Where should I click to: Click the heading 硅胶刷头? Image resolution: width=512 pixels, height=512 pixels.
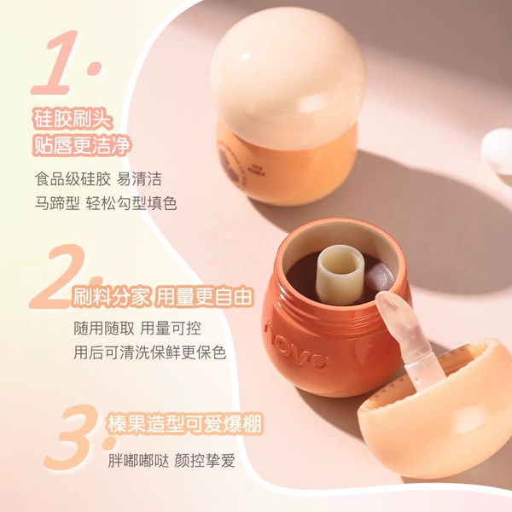coord(73,119)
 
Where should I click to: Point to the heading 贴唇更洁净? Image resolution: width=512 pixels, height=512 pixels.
coord(82,145)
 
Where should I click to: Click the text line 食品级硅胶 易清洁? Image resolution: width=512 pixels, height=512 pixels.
coord(98,179)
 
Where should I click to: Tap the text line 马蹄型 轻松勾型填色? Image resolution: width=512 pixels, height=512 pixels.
coord(106,203)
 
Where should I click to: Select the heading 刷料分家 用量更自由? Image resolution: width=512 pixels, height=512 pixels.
coord(162,296)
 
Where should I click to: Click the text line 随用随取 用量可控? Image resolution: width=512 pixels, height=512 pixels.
coord(137,329)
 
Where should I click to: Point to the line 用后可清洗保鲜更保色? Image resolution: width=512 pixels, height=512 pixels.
coord(150,352)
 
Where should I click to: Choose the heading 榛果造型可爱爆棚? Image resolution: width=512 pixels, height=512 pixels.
coord(185,424)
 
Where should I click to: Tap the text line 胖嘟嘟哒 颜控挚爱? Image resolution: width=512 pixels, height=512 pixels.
coord(172,461)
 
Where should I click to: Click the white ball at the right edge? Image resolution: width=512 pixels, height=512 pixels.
coord(497,151)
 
